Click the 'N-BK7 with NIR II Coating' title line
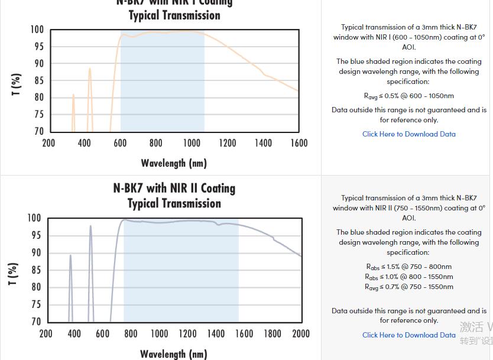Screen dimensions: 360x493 point(174,188)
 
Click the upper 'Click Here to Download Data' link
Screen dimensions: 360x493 point(409,134)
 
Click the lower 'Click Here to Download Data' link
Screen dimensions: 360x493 point(409,335)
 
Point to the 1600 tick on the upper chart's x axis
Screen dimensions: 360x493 point(299,143)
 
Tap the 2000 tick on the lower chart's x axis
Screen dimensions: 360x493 point(301,333)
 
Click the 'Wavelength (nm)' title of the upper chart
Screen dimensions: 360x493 point(174,163)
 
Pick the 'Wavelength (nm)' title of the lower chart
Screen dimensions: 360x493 point(174,353)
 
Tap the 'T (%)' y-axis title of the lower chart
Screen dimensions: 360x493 point(13,274)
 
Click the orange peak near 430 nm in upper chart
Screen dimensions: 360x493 point(90,69)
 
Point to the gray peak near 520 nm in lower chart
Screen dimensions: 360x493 point(90,226)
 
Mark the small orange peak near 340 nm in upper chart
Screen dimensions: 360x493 point(73,95)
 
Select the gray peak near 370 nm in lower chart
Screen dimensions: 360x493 point(70,255)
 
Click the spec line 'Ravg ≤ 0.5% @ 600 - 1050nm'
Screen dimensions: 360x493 point(409,96)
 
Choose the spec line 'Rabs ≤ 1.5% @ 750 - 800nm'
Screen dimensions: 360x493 point(409,267)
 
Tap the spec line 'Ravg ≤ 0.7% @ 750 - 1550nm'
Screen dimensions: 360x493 point(409,287)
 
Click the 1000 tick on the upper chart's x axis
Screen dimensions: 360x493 point(192,143)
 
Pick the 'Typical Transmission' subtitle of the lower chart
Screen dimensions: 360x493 point(174,203)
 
